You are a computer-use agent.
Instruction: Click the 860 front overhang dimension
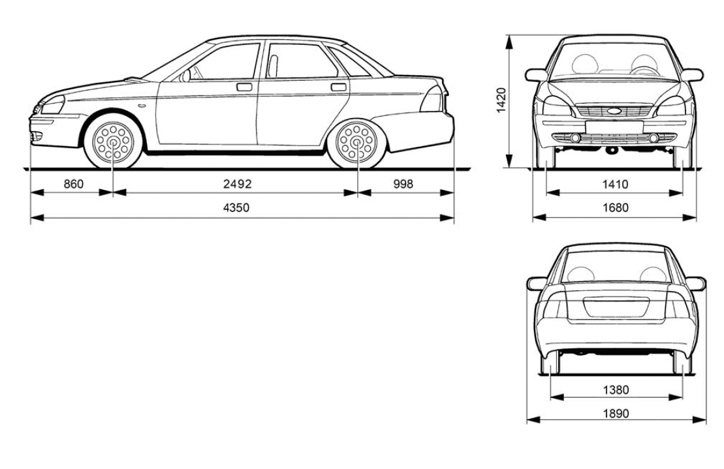click(x=73, y=184)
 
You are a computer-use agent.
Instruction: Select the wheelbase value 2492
click(x=238, y=184)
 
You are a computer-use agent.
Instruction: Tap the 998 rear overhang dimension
click(x=403, y=184)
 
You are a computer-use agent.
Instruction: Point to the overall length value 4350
click(x=236, y=207)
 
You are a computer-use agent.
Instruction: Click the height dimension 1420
click(x=503, y=100)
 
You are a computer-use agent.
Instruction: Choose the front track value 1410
click(x=615, y=185)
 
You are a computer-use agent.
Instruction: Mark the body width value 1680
click(x=616, y=207)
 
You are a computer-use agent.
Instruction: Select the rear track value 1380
click(x=616, y=390)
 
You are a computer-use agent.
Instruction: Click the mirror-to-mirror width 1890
click(x=616, y=413)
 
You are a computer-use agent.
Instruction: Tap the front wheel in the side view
click(x=113, y=142)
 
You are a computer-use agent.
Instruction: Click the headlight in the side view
click(x=52, y=104)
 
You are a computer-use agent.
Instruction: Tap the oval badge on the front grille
click(x=614, y=111)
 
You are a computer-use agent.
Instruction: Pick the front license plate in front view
click(x=614, y=127)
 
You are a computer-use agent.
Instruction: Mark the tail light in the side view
click(x=433, y=98)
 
